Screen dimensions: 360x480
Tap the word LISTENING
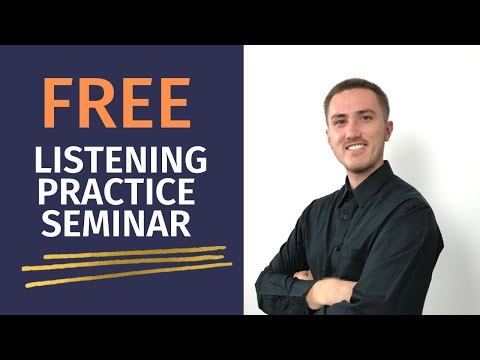click(x=120, y=159)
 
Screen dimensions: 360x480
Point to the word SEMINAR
click(x=116, y=223)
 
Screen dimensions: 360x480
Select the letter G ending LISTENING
click(x=196, y=159)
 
